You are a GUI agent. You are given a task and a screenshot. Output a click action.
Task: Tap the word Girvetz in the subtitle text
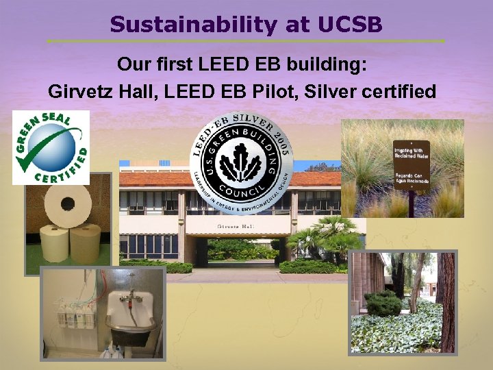pyautogui.click(x=81, y=90)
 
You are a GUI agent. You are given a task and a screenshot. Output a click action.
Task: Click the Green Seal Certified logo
pyautogui.click(x=51, y=147)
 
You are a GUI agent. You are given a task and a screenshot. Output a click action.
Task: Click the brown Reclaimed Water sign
pyautogui.click(x=411, y=168)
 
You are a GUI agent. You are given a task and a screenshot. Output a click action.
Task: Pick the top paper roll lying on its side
pyautogui.click(x=68, y=203)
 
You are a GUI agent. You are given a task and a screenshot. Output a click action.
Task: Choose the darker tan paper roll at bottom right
pyautogui.click(x=86, y=243)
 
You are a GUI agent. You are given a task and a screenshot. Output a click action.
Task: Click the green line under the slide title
pyautogui.click(x=246, y=41)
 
